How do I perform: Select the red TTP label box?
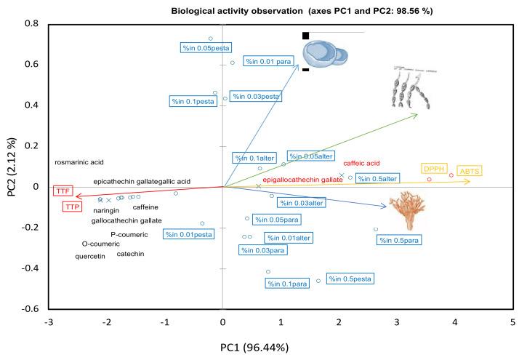(x=71, y=207)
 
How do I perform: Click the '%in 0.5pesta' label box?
(x=350, y=279)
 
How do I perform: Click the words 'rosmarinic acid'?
(x=80, y=163)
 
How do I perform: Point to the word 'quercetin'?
(x=90, y=256)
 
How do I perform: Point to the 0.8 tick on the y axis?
(x=33, y=24)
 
